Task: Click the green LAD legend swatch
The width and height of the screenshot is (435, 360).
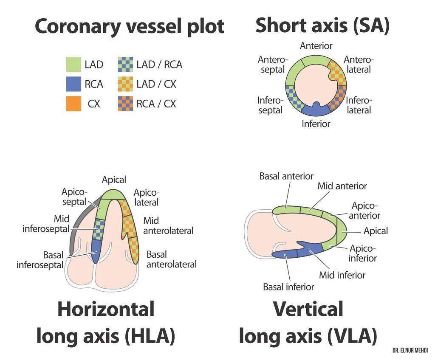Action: tap(73, 65)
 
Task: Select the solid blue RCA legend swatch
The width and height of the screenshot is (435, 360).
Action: tap(73, 84)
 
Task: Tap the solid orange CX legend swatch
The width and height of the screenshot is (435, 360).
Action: tap(73, 104)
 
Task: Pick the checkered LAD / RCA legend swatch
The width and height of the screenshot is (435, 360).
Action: tap(125, 65)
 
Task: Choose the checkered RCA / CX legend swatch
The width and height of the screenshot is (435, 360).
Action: tap(125, 104)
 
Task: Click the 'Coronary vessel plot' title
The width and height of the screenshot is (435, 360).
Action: tap(129, 26)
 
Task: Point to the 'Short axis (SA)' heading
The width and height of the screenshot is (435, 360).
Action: tap(322, 25)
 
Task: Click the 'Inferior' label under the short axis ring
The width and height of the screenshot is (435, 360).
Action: tap(316, 124)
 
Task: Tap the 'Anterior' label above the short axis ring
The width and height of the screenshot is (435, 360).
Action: tap(316, 45)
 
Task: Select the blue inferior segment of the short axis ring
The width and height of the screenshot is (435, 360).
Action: tap(316, 110)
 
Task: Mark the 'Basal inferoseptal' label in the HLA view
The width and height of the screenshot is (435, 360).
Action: tap(40, 260)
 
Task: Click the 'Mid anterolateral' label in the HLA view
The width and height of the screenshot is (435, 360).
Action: tap(168, 226)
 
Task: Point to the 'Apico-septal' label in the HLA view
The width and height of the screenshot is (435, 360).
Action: tap(74, 197)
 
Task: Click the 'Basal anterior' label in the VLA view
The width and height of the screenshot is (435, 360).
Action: tap(286, 176)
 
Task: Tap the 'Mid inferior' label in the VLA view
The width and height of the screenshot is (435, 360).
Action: tap(342, 275)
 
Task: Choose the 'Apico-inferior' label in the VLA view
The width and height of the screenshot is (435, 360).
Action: tap(363, 253)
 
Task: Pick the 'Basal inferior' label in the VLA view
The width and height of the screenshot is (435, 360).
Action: tap(288, 287)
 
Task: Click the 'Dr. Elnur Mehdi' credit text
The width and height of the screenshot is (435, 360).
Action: tap(410, 351)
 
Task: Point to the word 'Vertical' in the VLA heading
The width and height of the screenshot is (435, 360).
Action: tap(308, 309)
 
